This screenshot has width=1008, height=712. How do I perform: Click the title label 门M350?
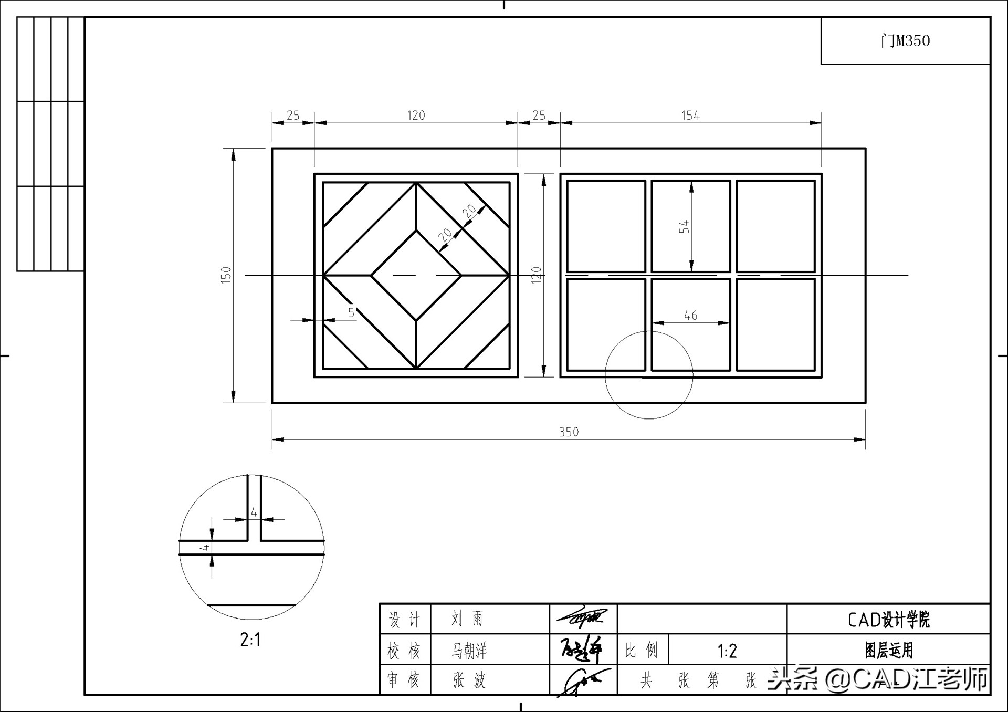click(905, 41)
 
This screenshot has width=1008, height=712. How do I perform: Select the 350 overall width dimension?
click(569, 432)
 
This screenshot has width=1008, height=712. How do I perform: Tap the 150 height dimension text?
click(226, 275)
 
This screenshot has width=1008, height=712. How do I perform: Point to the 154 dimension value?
click(690, 116)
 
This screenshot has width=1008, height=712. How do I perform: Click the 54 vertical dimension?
click(684, 227)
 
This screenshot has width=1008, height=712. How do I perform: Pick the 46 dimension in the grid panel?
click(690, 316)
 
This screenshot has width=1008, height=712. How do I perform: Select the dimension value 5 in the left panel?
click(351, 312)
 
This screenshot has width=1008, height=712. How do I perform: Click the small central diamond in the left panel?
click(416, 275)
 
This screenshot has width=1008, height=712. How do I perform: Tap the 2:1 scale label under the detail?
click(250, 640)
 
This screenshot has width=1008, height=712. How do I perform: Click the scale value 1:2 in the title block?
click(727, 651)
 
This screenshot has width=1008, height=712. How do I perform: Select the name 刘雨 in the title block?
click(467, 619)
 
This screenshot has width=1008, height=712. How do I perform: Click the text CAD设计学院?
click(888, 620)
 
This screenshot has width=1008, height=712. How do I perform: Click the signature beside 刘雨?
click(582, 619)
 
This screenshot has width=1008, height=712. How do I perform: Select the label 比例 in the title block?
click(641, 651)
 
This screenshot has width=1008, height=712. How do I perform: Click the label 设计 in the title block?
click(404, 620)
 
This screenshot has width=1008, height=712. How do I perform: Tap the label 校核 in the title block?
click(404, 652)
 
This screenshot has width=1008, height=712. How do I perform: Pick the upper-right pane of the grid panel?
click(775, 226)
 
